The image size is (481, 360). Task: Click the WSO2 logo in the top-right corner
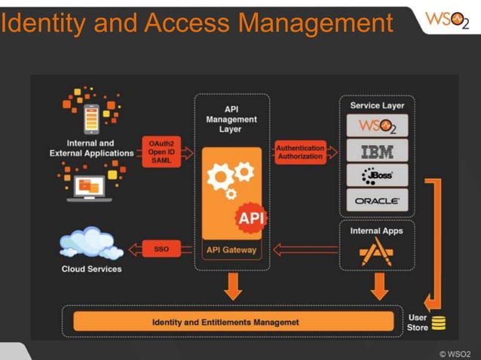(x=446, y=20)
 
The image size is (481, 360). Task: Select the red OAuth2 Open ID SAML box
(x=160, y=151)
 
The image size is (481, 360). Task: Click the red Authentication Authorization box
(x=300, y=151)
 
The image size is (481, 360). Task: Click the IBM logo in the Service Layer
(x=377, y=151)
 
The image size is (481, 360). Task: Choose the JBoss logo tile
(x=377, y=176)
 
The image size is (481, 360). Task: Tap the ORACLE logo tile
(x=377, y=201)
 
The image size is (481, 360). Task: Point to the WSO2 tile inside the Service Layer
(x=377, y=125)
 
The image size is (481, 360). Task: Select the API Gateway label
(x=231, y=250)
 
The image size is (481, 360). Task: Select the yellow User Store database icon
(x=438, y=323)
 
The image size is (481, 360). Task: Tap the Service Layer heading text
(x=377, y=106)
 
